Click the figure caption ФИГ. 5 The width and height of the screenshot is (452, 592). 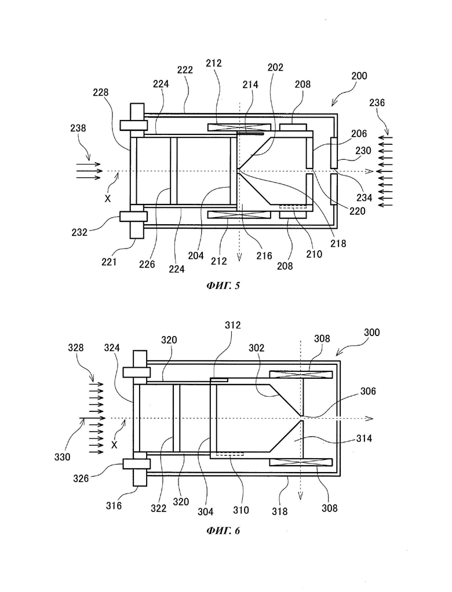coord(223,286)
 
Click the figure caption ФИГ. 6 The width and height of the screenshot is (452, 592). coord(223,531)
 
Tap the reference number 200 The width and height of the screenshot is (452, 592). coord(359,76)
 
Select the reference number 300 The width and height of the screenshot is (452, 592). coord(371,332)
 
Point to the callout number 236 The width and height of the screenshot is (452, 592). coord(377,103)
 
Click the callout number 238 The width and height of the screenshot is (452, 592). coord(78,129)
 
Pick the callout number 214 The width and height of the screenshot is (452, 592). coord(250,85)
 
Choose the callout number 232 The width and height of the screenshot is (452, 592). coord(79,232)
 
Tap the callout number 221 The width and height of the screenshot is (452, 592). coord(109,261)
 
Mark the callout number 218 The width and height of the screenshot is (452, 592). coord(338,243)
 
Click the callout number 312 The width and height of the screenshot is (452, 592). coord(232,325)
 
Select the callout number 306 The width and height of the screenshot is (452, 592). coord(368,391)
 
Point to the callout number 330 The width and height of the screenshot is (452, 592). coord(63,457)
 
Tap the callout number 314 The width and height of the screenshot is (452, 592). coord(364,438)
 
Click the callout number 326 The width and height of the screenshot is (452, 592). coord(81,478)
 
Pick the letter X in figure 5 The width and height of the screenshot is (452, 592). coord(108,198)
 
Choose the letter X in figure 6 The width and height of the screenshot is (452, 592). coord(114,445)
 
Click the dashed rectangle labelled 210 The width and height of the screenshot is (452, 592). coord(293,207)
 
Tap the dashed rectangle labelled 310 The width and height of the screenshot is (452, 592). coord(230,454)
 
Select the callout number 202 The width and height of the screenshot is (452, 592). coord(275,68)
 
